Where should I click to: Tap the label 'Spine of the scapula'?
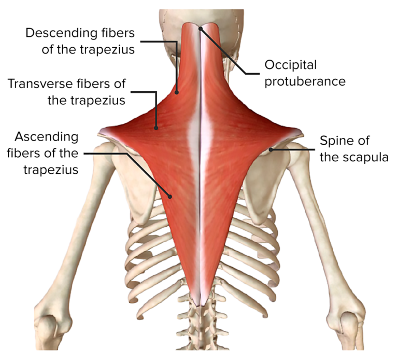[x=353, y=149]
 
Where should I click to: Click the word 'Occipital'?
[x=290, y=65]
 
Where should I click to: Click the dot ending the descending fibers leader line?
[x=177, y=93]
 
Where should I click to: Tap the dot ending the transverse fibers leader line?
[x=156, y=126]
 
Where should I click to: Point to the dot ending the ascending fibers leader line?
[x=169, y=196]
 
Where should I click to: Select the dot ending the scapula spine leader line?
[x=271, y=150]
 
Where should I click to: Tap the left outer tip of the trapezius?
[x=100, y=130]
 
